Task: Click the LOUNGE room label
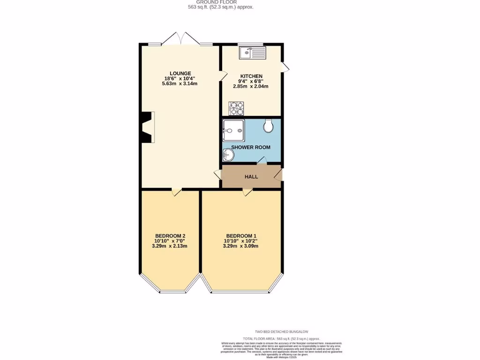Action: pos(180,73)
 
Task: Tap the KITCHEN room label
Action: pos(251,76)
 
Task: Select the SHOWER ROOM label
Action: pos(251,147)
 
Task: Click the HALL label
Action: pos(251,177)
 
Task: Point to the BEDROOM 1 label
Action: pos(241,235)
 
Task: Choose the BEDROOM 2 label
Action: pos(170,235)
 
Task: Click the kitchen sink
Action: pos(252,52)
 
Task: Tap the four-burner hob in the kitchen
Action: pos(236,108)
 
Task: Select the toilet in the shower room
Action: pos(269,125)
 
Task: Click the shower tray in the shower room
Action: pos(233,130)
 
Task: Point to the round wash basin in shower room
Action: pos(228,154)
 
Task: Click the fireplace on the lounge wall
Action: pos(147,127)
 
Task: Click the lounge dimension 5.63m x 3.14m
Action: pos(180,84)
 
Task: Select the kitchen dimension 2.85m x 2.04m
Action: pos(251,87)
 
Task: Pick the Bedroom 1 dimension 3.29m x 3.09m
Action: pos(241,246)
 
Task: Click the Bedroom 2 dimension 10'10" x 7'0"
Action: pos(170,241)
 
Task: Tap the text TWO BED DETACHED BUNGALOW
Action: pos(281,332)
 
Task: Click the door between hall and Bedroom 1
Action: pos(247,192)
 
